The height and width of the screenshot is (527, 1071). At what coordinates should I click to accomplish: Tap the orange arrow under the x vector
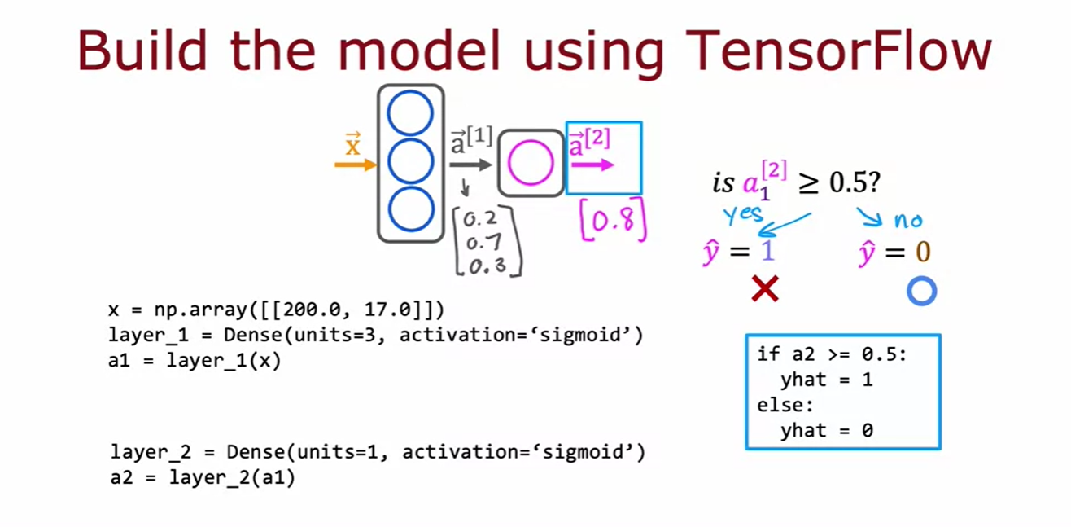(x=355, y=165)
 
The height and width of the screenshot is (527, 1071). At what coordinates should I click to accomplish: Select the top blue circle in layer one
(x=410, y=114)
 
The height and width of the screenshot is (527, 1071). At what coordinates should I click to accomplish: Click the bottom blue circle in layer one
(x=410, y=209)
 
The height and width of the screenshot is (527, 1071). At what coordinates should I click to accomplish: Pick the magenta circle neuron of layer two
(x=531, y=163)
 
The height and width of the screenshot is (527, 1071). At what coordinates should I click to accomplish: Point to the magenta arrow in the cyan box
(x=592, y=165)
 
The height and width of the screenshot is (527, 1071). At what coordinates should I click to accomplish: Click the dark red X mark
(x=765, y=288)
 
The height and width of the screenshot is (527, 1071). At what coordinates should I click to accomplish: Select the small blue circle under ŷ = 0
(x=922, y=291)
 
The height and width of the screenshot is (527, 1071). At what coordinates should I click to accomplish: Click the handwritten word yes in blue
(x=743, y=214)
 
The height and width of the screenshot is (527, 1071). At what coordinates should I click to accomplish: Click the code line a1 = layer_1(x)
(x=194, y=360)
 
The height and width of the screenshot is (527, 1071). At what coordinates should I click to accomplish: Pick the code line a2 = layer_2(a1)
(x=203, y=478)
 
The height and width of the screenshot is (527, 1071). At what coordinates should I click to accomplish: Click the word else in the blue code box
(x=785, y=405)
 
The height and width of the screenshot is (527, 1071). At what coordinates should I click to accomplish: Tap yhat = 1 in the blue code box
(x=826, y=380)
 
